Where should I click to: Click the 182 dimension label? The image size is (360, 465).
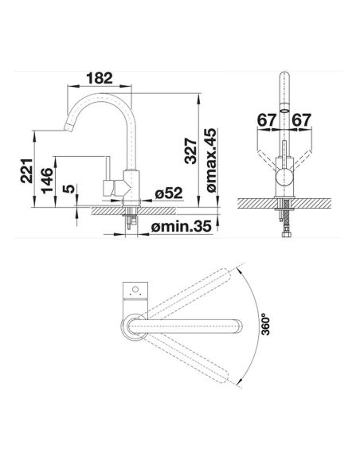[100, 78]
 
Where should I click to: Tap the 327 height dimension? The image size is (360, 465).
[190, 151]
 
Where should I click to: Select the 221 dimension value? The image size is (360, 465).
[27, 171]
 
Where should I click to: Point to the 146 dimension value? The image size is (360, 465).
[47, 181]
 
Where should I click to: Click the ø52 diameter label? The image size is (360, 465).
[169, 193]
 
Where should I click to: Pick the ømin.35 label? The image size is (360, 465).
[181, 227]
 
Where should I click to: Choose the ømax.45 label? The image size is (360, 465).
[212, 160]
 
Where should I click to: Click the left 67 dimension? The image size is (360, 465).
[266, 120]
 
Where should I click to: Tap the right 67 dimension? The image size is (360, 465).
[301, 120]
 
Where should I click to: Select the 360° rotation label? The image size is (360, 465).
[266, 326]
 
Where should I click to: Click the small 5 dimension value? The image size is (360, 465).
[69, 189]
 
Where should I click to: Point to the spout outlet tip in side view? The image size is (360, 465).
[68, 127]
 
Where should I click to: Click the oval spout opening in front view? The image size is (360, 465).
[284, 111]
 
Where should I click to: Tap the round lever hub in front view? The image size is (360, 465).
[284, 178]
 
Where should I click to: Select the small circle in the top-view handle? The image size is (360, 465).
[135, 290]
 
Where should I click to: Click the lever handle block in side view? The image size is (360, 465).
[108, 188]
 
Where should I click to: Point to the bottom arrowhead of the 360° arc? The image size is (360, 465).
[241, 381]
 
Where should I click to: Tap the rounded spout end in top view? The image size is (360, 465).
[240, 326]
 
